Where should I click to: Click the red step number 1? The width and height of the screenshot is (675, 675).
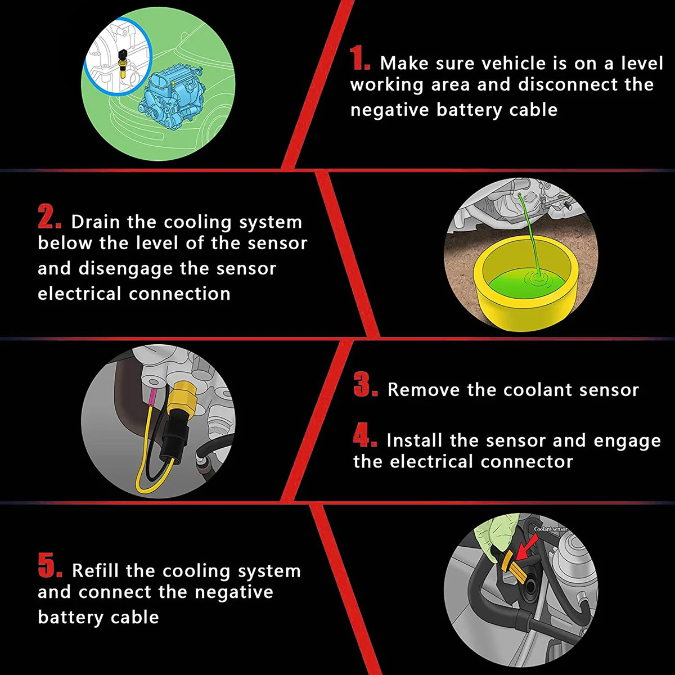click(360, 58)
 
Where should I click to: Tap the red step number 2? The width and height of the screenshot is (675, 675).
click(49, 217)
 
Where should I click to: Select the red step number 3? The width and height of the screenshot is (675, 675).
click(366, 384)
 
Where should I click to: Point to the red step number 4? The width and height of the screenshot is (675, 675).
click(365, 435)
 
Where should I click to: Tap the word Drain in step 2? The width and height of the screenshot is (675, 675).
click(95, 222)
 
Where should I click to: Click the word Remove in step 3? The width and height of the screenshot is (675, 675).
click(424, 390)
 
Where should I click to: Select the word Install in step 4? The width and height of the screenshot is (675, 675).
click(415, 440)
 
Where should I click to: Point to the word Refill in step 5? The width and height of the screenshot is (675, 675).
click(96, 570)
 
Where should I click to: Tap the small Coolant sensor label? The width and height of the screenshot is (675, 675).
click(550, 529)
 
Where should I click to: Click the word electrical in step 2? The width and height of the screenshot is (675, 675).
click(79, 294)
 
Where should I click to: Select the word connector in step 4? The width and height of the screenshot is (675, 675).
click(527, 462)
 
